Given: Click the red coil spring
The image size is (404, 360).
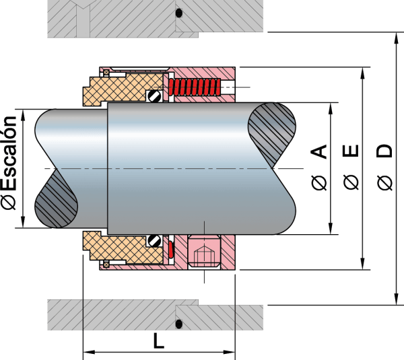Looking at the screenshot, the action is (195, 87).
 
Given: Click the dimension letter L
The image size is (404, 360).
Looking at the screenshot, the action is (159, 340).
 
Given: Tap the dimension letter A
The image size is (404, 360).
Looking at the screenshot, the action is (319, 151).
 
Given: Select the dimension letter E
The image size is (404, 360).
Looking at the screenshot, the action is (351, 151).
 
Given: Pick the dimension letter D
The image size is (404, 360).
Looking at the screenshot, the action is (384, 151).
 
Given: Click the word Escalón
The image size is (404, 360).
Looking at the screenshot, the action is (9, 153).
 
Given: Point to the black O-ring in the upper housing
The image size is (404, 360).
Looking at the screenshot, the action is (179, 13).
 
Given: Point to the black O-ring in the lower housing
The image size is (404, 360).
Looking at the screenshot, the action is (179, 324).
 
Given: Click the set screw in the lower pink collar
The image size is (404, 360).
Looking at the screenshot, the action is (204, 252).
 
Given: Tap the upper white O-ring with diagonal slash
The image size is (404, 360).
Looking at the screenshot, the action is (154, 96).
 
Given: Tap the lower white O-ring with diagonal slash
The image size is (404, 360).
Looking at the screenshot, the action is (154, 241).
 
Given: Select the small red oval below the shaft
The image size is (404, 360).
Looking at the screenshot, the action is (171, 249).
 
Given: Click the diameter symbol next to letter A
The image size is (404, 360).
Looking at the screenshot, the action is (319, 182).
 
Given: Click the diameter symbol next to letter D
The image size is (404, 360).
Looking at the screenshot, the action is (384, 182).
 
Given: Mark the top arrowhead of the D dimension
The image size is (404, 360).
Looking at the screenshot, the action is (396, 38).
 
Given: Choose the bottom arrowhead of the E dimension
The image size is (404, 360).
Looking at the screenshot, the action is (362, 264).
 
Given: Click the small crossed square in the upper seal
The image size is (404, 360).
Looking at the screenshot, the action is (106, 73).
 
